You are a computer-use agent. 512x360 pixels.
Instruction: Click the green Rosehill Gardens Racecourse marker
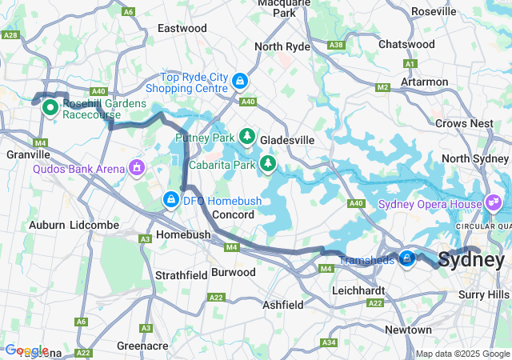pos(49,106)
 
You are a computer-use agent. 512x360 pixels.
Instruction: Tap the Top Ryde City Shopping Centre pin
pos(240,82)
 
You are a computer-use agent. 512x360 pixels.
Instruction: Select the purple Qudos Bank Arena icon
pos(137,168)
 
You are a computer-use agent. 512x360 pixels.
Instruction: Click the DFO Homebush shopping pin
pos(170,198)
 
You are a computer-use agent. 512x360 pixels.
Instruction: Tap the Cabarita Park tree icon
pos(267,165)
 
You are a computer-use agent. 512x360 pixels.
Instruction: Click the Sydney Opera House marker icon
pos(492,203)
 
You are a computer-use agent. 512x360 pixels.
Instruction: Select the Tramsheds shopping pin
pos(407,259)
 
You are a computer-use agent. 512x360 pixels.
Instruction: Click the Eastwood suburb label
pos(182,28)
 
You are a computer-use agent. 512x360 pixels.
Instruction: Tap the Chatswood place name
pos(406,44)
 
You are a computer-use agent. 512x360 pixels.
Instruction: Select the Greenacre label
pos(142,346)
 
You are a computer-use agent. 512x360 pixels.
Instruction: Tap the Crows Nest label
pos(464,123)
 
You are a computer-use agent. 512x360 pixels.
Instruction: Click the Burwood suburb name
pos(234,272)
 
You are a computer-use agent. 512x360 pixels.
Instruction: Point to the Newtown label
pos(408,330)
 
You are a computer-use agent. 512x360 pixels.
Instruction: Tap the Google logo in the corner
pos(26,350)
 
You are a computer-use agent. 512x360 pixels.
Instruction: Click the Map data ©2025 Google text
pos(462,354)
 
